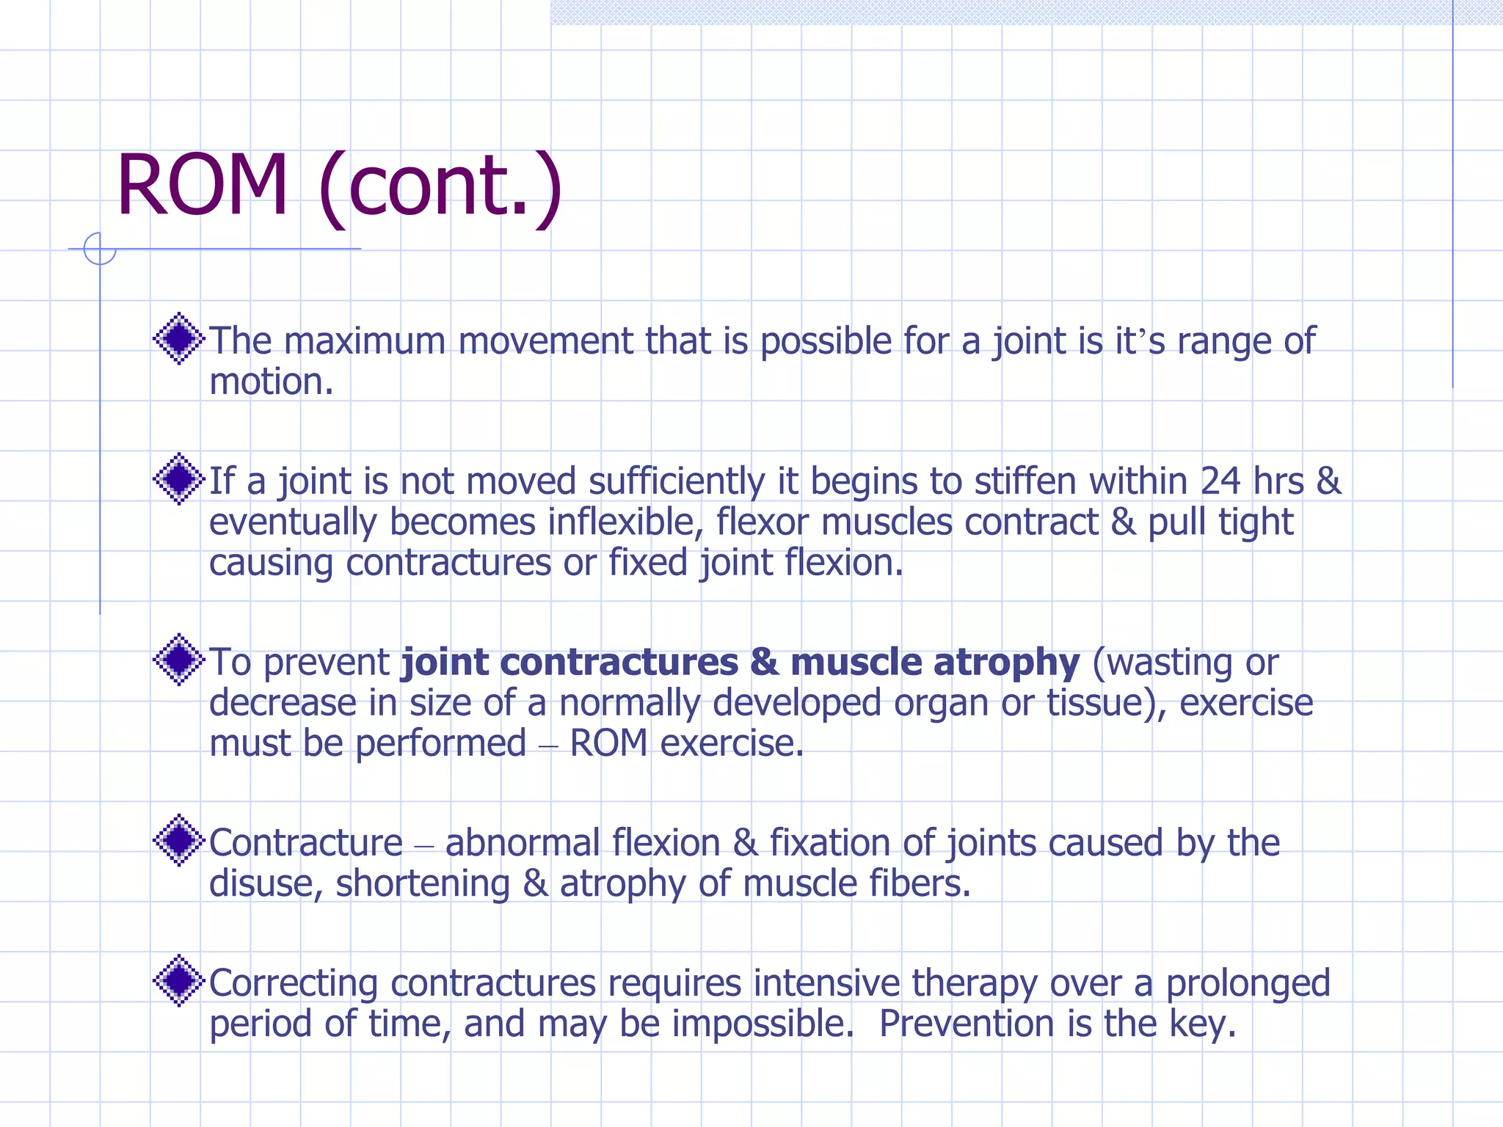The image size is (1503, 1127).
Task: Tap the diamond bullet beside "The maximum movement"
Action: [x=178, y=339]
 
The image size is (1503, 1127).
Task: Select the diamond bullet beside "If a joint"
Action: [x=178, y=479]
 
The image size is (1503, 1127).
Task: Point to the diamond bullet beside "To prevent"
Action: [x=178, y=660]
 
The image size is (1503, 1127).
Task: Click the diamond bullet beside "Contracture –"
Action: [x=178, y=840]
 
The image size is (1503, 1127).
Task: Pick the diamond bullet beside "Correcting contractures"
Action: [x=178, y=980]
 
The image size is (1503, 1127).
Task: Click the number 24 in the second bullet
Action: [x=1220, y=481]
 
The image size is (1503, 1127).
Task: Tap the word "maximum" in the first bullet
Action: [x=364, y=341]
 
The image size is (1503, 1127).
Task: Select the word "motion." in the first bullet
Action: [x=272, y=382]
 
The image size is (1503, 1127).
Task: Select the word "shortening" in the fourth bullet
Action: [x=423, y=883]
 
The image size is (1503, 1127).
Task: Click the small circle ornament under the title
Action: [x=100, y=249]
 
